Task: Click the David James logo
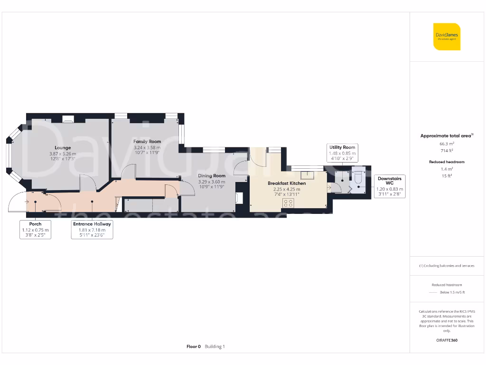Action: pyautogui.click(x=447, y=37)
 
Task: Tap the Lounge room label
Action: pyautogui.click(x=62, y=148)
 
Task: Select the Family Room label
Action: pyautogui.click(x=147, y=142)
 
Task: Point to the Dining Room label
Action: pyautogui.click(x=212, y=176)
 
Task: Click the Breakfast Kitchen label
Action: pyautogui.click(x=287, y=183)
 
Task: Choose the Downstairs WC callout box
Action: pyautogui.click(x=389, y=186)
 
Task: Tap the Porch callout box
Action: pyautogui.click(x=35, y=230)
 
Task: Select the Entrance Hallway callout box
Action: pyautogui.click(x=92, y=230)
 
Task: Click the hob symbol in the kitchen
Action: pyautogui.click(x=288, y=203)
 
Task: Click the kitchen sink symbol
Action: pyautogui.click(x=309, y=174)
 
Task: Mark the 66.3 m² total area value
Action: pyautogui.click(x=447, y=143)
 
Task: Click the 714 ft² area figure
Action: pyautogui.click(x=447, y=150)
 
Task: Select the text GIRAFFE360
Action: pyautogui.click(x=447, y=340)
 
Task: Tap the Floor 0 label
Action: pyautogui.click(x=194, y=346)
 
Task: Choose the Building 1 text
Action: pyautogui.click(x=215, y=346)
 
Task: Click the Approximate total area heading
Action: pyautogui.click(x=446, y=136)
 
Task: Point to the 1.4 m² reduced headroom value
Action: pyautogui.click(x=447, y=169)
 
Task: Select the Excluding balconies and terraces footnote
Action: pyautogui.click(x=447, y=266)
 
